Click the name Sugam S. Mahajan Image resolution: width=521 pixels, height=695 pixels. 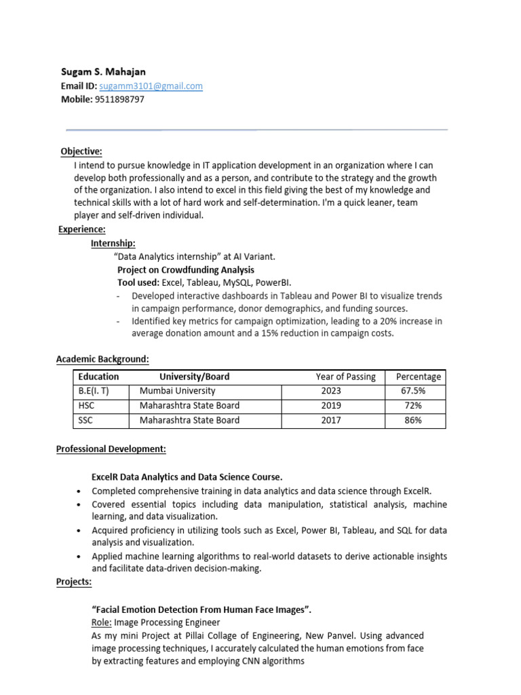(102, 72)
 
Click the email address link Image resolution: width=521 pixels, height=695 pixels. (151, 86)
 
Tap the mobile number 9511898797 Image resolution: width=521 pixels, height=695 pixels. (119, 99)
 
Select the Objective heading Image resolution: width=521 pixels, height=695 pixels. (81, 151)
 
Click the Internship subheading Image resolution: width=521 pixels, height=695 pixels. (113, 243)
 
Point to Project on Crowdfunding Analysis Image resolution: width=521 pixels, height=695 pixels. (176, 269)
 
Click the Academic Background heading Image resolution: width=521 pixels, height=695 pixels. (102, 358)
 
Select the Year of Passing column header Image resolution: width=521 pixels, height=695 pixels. (345, 377)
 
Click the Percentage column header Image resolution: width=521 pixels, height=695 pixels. (419, 377)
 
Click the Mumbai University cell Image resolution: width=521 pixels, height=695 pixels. (177, 391)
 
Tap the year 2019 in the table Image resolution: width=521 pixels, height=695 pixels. (332, 405)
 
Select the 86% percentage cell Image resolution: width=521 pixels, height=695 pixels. (413, 420)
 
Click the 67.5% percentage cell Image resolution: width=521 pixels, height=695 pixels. (414, 391)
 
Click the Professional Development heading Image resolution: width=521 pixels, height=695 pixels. (111, 449)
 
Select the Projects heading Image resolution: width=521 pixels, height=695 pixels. (73, 582)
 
